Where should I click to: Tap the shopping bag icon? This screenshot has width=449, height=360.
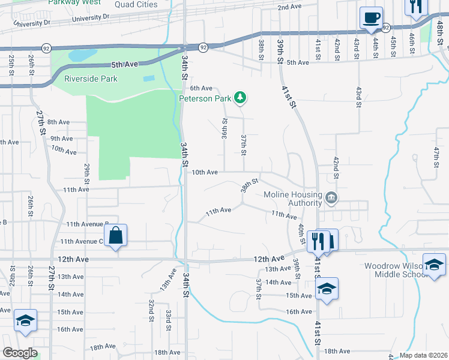click(116, 235)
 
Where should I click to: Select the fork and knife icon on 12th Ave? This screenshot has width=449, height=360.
click(318, 241)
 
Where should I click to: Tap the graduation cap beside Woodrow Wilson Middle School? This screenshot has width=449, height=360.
click(434, 265)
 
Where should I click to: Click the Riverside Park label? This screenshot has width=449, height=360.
click(91, 79)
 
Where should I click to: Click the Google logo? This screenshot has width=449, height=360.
click(19, 353)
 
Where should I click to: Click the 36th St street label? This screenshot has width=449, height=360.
click(224, 128)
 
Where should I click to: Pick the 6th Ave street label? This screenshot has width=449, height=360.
click(202, 88)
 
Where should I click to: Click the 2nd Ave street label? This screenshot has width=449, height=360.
click(289, 7)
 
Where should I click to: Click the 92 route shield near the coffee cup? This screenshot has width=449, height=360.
click(386, 28)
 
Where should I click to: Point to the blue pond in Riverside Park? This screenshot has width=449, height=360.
click(79, 56)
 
